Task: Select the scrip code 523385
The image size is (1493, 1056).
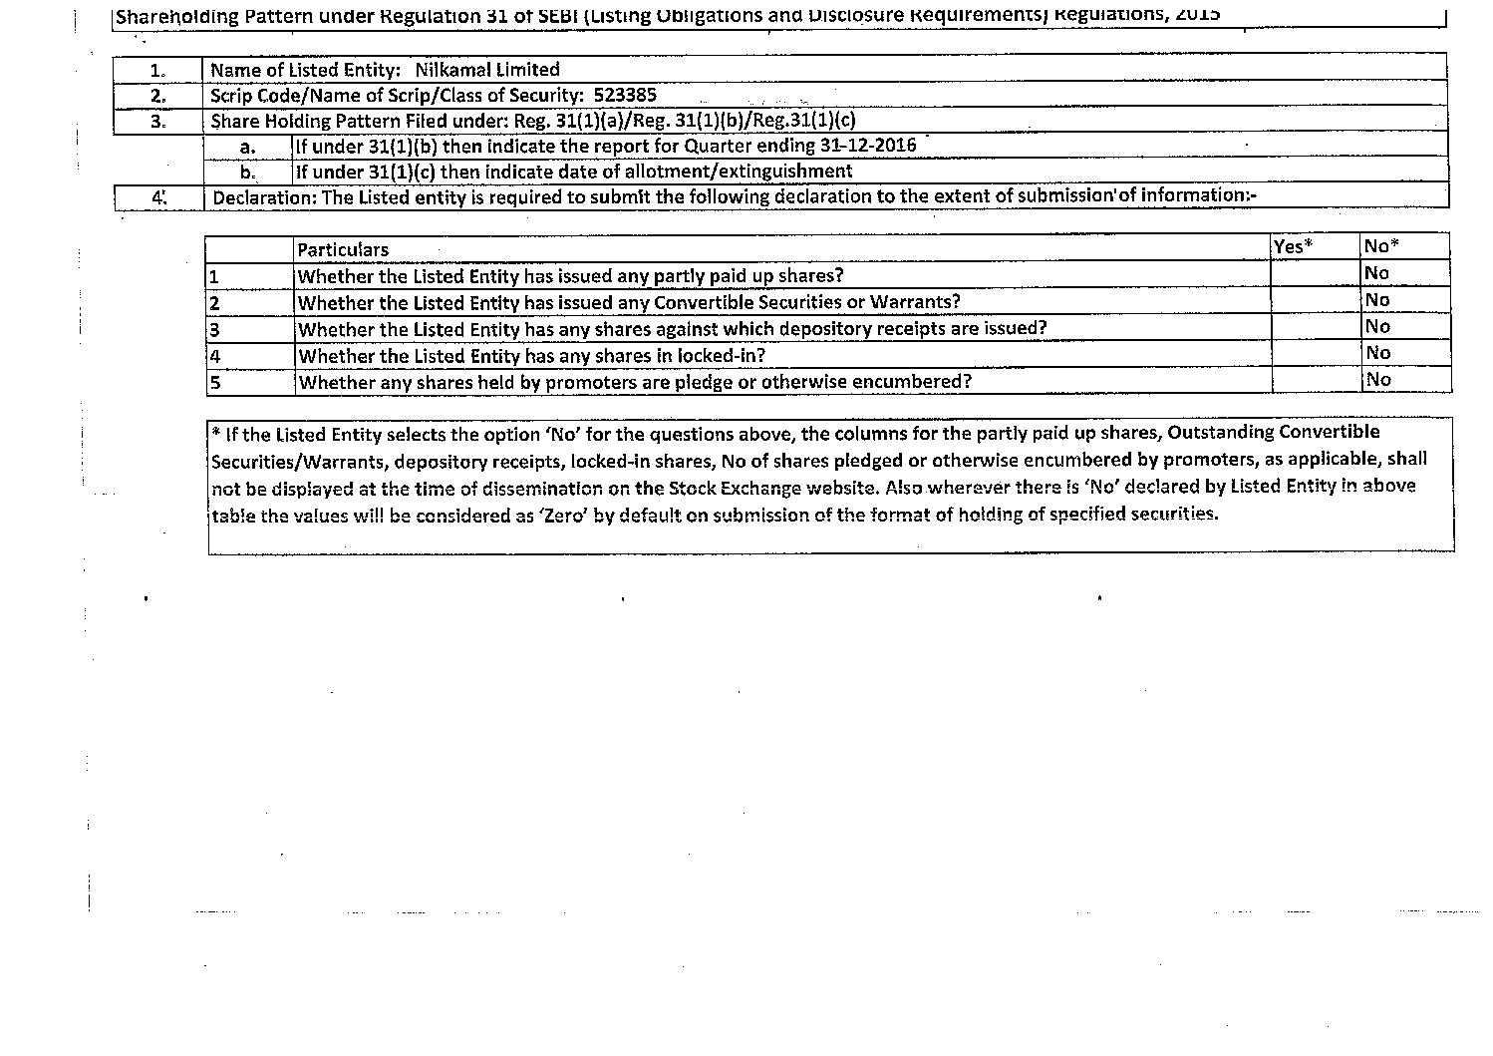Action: (625, 96)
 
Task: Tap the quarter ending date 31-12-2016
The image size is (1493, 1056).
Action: (868, 146)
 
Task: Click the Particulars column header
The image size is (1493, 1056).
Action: (343, 249)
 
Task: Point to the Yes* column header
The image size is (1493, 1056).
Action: (1293, 246)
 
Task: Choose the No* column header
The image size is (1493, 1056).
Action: (1381, 246)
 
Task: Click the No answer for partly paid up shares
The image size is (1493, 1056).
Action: (1377, 273)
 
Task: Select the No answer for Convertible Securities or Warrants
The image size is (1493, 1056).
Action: (1377, 300)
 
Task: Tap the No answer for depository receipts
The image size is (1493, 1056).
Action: (1377, 326)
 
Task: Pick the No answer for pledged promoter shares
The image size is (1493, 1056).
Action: (1378, 379)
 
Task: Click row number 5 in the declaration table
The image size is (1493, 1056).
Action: (214, 382)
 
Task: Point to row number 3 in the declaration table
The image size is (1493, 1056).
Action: (214, 329)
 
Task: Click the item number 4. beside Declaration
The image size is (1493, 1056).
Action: (158, 197)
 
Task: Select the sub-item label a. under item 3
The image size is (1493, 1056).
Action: (248, 147)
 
